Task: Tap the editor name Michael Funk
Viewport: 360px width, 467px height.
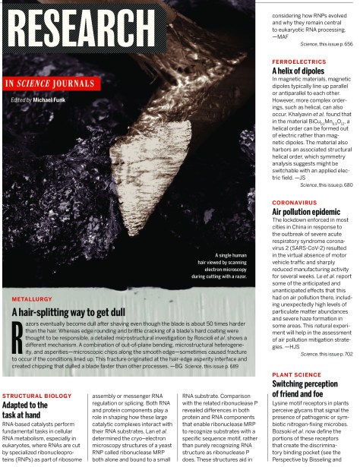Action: click(x=53, y=99)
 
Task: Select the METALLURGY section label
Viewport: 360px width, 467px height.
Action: click(x=33, y=299)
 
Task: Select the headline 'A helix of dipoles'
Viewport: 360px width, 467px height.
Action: click(x=298, y=71)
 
